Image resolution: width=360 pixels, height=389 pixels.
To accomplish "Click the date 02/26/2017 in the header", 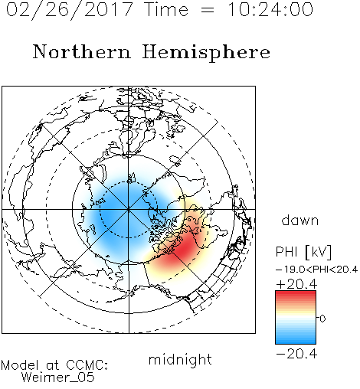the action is point(70,10).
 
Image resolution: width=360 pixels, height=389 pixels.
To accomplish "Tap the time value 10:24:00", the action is point(270,10).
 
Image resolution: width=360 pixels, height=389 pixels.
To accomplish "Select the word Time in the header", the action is point(166,10).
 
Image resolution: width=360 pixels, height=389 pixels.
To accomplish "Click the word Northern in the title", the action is point(82,52).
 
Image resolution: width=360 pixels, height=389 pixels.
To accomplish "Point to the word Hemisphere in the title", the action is point(206,53).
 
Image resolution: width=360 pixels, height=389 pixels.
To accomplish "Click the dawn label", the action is point(300,220).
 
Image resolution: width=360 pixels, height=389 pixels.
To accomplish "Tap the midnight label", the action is point(180,360).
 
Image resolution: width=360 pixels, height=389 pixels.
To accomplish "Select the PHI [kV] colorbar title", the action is point(303,252).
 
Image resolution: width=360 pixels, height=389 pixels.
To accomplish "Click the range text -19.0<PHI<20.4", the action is point(316,270).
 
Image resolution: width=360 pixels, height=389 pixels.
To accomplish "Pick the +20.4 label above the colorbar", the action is point(296,284).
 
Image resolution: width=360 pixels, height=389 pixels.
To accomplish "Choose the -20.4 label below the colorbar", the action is point(296,354).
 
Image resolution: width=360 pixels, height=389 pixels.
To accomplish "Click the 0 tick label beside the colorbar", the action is point(322,319).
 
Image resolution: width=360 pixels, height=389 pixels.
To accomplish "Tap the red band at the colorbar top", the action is point(296,294).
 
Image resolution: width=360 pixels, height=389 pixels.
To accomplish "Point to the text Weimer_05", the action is point(58,378).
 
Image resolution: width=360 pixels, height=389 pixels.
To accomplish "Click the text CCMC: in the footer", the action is point(87,365).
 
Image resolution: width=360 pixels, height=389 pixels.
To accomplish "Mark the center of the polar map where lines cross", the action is point(129,210).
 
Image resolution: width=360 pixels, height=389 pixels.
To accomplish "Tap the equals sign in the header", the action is point(208,10).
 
